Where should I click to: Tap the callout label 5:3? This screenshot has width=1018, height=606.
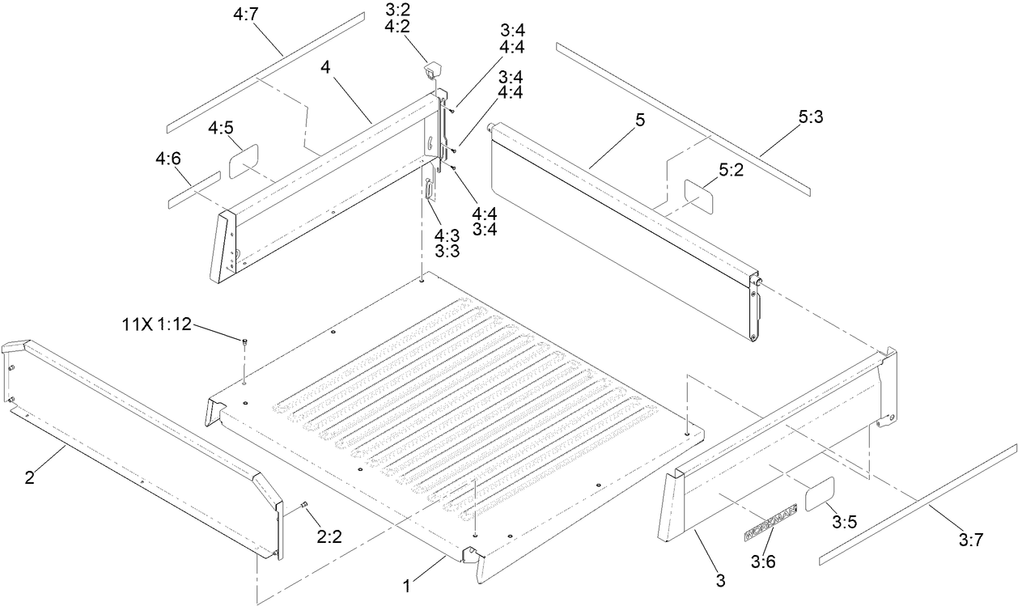810,117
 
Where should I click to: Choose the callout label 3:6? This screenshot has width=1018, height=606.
763,561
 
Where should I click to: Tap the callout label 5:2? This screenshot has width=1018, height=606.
731,170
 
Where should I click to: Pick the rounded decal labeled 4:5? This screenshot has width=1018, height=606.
243,161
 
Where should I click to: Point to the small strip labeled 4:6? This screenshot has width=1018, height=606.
194,190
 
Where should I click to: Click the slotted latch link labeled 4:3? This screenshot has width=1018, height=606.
427,196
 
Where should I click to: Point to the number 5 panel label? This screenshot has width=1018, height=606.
639,121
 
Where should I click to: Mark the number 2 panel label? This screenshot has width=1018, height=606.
29,477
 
